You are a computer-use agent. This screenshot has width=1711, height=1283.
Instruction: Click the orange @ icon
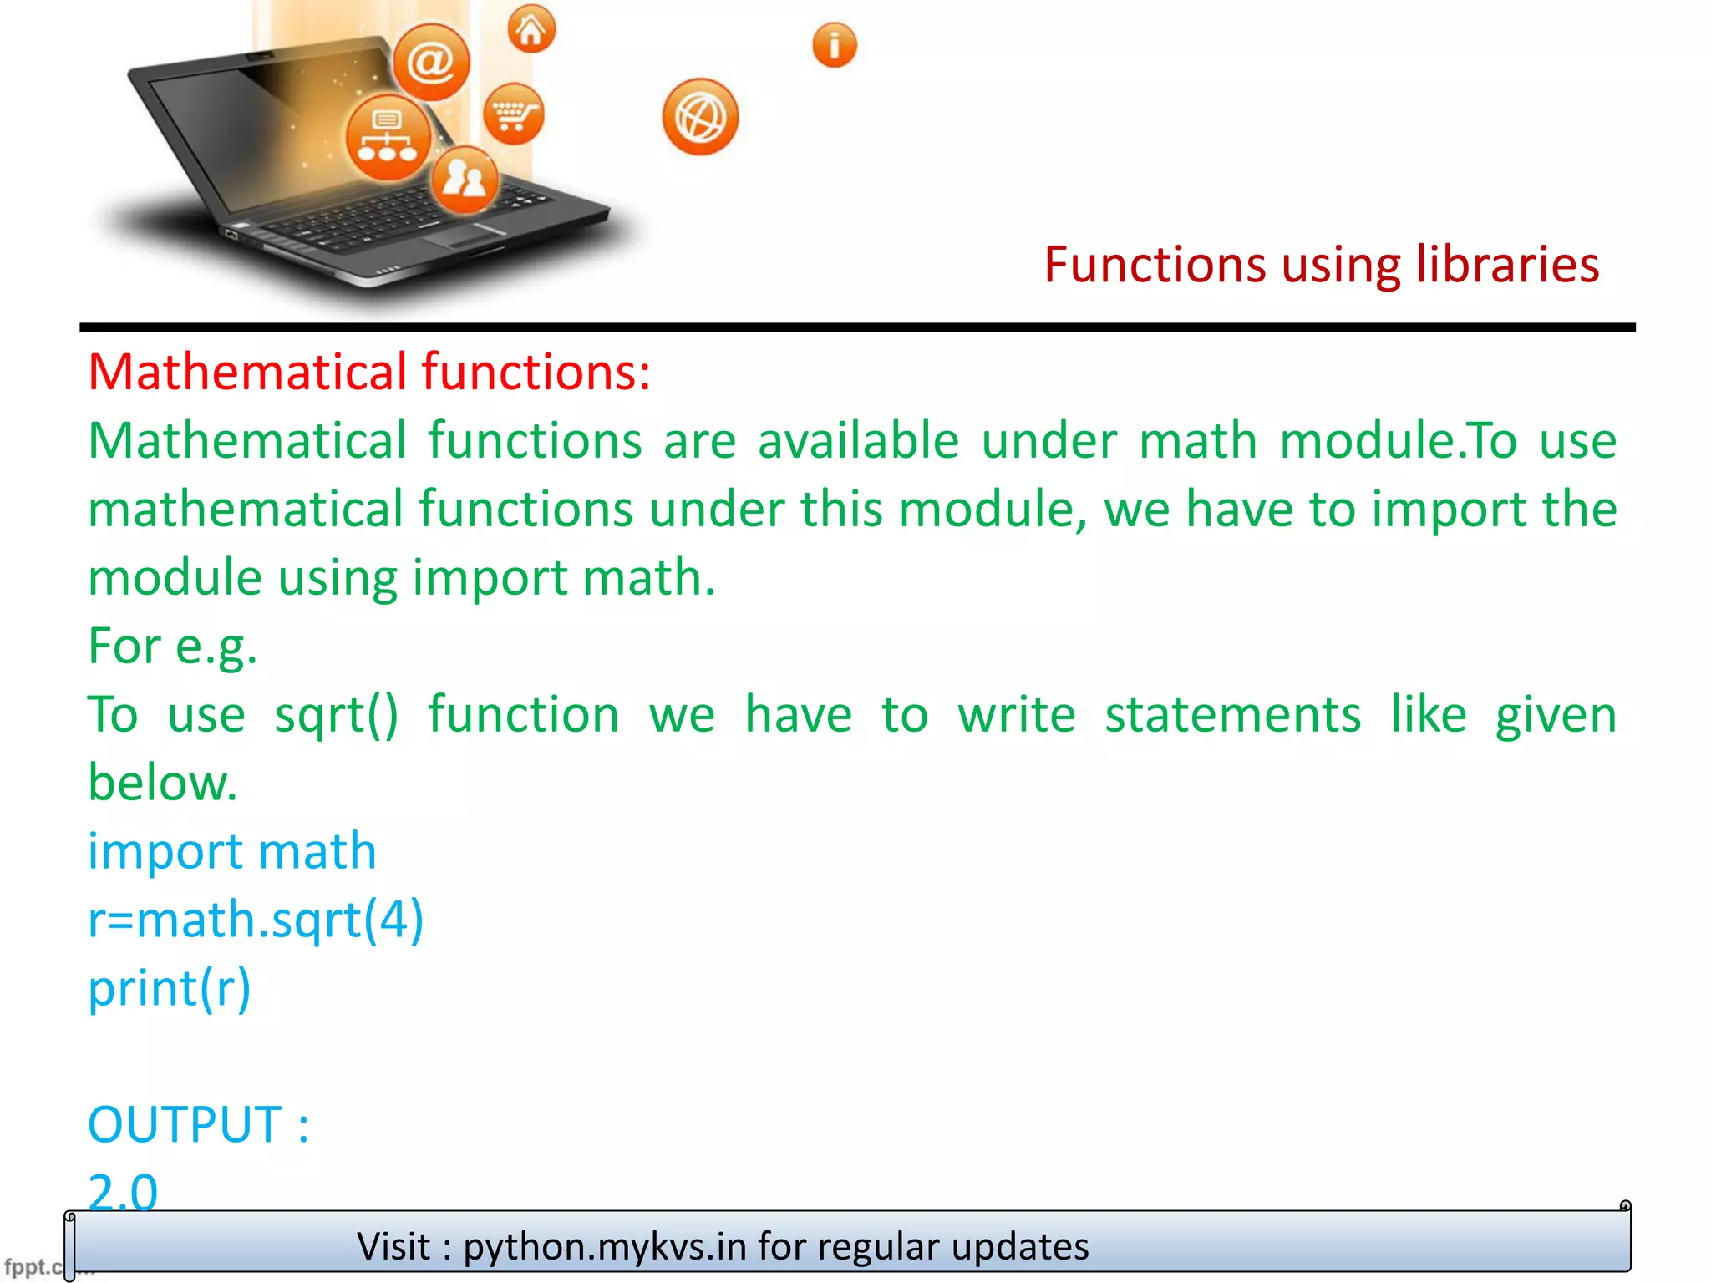click(431, 62)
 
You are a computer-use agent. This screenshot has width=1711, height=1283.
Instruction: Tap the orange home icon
click(531, 30)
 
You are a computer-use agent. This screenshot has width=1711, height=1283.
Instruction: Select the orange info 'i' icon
click(835, 44)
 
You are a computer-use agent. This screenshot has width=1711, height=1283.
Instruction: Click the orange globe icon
click(700, 117)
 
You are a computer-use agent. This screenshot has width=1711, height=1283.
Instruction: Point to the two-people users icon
click(465, 180)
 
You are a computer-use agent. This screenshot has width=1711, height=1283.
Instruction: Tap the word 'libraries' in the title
click(1507, 266)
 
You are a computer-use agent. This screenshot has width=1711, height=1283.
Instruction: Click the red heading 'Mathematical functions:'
click(369, 373)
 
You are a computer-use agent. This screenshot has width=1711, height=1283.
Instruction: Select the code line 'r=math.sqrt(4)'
click(256, 920)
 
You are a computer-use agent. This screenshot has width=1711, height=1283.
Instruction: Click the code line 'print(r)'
click(170, 989)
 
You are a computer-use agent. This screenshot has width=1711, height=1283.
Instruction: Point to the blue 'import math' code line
click(232, 852)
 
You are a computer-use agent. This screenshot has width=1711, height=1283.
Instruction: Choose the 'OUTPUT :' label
click(199, 1125)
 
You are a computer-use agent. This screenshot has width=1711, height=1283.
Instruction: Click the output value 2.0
click(123, 1190)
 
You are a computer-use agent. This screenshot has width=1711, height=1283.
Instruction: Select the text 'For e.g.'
click(173, 647)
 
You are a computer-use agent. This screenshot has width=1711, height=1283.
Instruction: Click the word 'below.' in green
click(163, 783)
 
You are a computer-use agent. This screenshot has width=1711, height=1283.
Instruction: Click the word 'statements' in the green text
click(1233, 716)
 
